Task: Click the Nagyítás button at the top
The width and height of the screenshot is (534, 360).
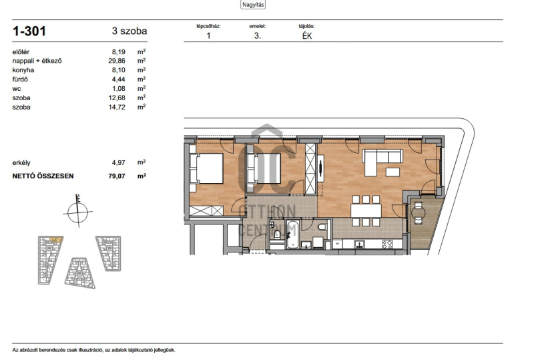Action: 253,5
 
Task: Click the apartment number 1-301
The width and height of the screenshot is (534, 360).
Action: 29,31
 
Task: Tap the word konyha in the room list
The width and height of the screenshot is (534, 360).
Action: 23,70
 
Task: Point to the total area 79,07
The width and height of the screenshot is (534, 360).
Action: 117,176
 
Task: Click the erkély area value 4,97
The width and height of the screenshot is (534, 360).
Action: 119,162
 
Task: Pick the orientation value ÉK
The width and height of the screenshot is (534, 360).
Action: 307,36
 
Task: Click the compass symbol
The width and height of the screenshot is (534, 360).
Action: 78,211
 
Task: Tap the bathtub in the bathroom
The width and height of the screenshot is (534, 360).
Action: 293,234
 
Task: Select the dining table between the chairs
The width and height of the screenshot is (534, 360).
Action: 366,210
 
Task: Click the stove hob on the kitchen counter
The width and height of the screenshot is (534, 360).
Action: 387,244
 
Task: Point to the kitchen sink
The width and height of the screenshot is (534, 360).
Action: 359,243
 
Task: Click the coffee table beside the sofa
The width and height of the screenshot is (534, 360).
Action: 392,172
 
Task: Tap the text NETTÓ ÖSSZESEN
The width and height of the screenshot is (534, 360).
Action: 43,176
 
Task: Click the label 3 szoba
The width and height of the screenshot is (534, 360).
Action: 129,31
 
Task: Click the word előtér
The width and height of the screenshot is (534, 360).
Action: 21,52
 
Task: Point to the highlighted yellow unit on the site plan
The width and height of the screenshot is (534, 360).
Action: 56,240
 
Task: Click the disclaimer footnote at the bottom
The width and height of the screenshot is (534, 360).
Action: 93,350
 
